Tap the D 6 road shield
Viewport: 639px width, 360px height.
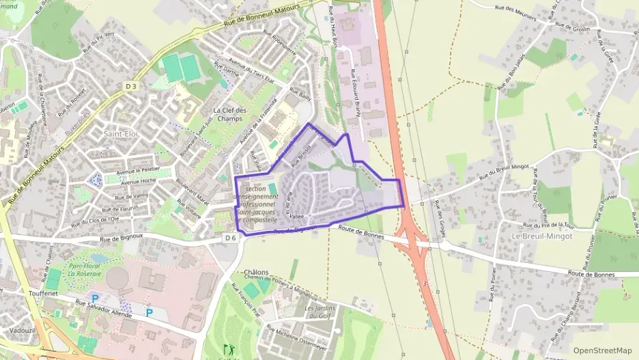point(230,237)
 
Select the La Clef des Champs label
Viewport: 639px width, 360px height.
point(229,114)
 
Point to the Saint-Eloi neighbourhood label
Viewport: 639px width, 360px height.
point(121,134)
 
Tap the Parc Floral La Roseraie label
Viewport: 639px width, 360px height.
point(85,268)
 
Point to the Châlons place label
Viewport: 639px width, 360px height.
point(256,271)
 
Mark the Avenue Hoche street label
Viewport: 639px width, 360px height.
point(138,182)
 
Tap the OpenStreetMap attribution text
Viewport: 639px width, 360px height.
point(602,350)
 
